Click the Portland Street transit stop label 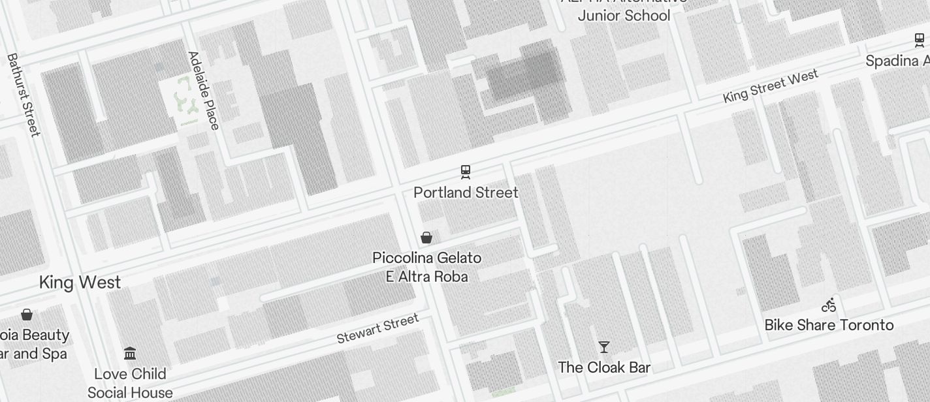466,193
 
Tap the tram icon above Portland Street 466,172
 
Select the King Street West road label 771,87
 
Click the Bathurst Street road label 24,95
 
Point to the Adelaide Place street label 204,90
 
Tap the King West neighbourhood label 80,283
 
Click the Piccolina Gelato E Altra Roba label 426,267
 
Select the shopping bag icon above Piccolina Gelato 426,238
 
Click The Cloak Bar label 604,367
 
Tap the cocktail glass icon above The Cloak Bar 604,347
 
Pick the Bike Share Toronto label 829,325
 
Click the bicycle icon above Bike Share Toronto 829,305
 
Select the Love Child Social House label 130,383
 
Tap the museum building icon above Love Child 130,354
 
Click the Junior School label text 624,16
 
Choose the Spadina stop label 897,61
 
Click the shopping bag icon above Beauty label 27,315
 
